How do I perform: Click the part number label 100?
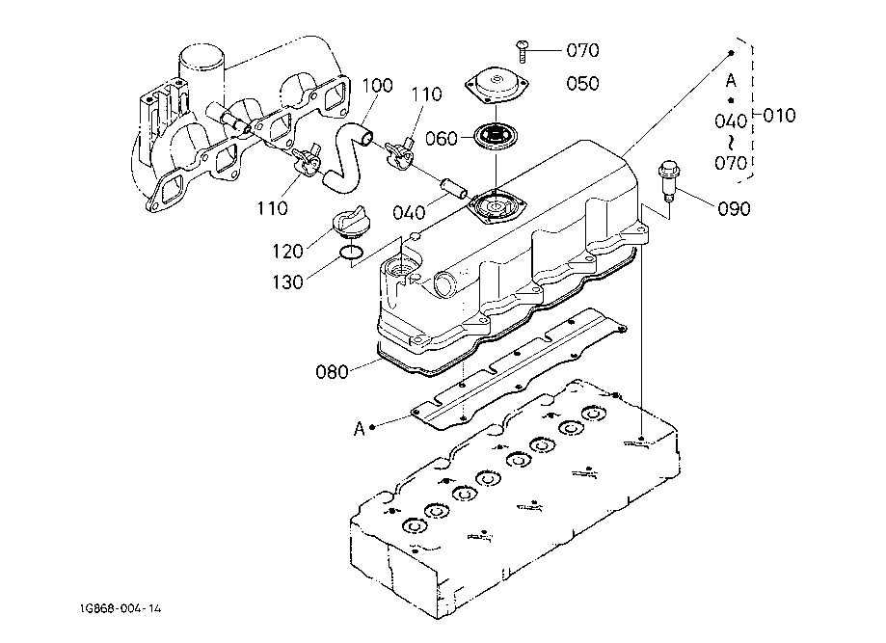pyautogui.click(x=377, y=86)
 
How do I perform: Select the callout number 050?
pyautogui.click(x=583, y=84)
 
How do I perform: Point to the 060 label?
pyautogui.click(x=441, y=139)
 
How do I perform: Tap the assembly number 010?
pyautogui.click(x=779, y=116)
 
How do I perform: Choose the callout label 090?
pyautogui.click(x=734, y=208)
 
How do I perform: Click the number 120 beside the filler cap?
pyautogui.click(x=287, y=251)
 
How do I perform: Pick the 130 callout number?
pyautogui.click(x=287, y=281)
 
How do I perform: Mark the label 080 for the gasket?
pyautogui.click(x=333, y=369)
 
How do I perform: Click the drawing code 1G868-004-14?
pyautogui.click(x=121, y=609)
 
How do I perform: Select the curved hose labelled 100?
pyautogui.click(x=348, y=151)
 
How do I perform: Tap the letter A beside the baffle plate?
pyautogui.click(x=359, y=428)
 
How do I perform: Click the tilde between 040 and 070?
pyautogui.click(x=732, y=142)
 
